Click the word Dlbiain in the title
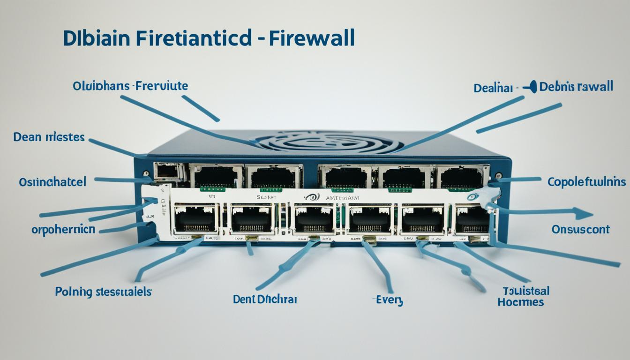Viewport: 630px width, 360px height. coord(96,39)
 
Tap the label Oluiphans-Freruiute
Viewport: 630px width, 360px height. coord(130,86)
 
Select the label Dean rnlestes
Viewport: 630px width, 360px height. coord(49,137)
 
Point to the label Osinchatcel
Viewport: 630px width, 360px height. coord(52,182)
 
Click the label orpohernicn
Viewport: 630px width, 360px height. coord(63,229)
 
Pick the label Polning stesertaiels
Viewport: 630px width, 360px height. coord(103,292)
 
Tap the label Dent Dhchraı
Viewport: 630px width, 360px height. coord(264,299)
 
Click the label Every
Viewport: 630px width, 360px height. coord(389,300)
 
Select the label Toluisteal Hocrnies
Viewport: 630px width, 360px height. coord(523,296)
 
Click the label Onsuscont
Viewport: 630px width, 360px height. coord(580,229)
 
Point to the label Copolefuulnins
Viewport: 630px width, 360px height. coord(586,181)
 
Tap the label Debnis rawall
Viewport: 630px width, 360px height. coord(576,87)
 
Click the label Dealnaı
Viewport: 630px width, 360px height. coord(494,88)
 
